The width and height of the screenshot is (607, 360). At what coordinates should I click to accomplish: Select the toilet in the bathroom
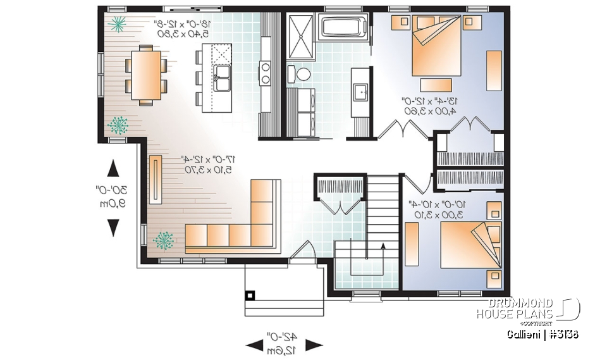tap(303, 73)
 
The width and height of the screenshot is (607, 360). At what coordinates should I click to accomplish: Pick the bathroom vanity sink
tap(362, 92)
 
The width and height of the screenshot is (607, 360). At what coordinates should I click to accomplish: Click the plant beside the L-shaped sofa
tap(164, 240)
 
